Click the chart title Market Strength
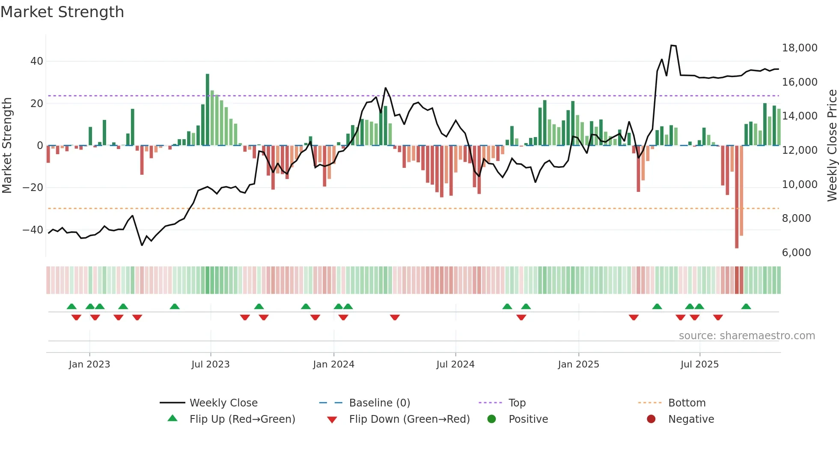[x=62, y=12]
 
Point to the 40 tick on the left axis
[x=36, y=61]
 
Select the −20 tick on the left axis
[x=33, y=188]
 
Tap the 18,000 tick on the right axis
[x=799, y=48]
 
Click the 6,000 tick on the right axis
[x=796, y=253]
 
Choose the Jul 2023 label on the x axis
[x=210, y=364]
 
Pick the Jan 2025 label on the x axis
[x=578, y=364]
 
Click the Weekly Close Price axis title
[x=832, y=146]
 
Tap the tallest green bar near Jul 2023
[x=208, y=109]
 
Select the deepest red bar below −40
[x=737, y=197]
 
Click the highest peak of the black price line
[x=672, y=45]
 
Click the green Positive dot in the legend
[x=491, y=419]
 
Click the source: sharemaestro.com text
[x=747, y=336]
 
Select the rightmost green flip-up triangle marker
[x=746, y=307]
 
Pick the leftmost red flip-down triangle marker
[x=76, y=317]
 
